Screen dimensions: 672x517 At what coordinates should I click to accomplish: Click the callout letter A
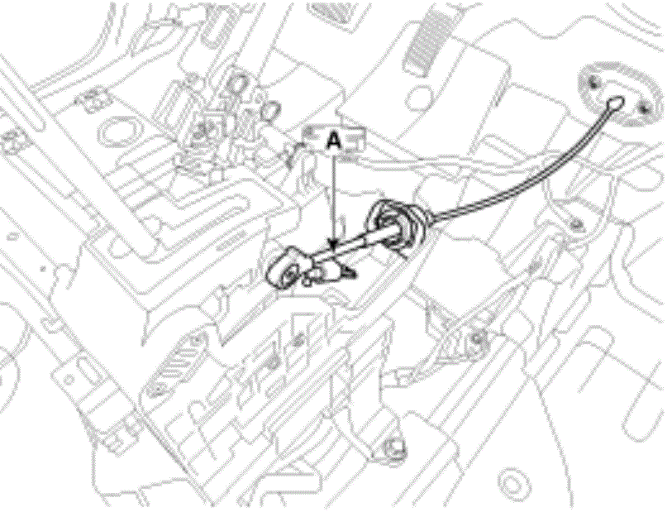(x=334, y=141)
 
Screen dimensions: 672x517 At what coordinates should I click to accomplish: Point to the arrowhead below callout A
(x=334, y=245)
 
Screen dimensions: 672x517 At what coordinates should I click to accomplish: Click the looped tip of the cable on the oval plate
(x=616, y=103)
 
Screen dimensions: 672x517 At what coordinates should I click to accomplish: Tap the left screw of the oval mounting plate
(x=594, y=84)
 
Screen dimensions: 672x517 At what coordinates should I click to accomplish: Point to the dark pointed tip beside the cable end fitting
(x=350, y=271)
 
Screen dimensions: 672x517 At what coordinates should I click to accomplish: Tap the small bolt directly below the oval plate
(x=576, y=223)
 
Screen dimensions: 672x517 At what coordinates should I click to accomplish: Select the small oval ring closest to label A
(x=270, y=111)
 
